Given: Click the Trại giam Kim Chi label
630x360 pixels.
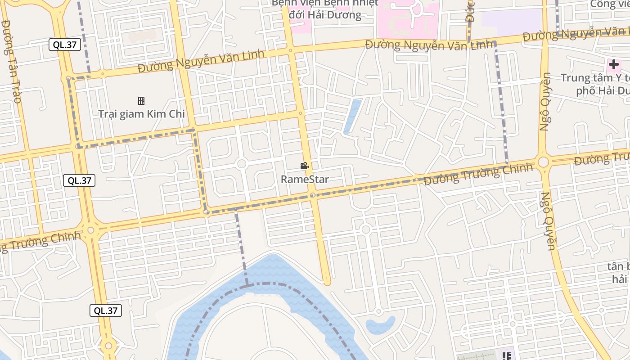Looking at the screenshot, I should pyautogui.click(x=141, y=114).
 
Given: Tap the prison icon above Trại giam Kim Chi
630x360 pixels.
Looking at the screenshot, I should pyautogui.click(x=141, y=101).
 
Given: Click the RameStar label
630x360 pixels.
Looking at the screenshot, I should pyautogui.click(x=305, y=179).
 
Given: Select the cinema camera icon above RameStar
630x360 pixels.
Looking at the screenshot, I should pyautogui.click(x=305, y=166).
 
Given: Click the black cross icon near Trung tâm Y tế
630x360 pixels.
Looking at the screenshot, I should pyautogui.click(x=613, y=65).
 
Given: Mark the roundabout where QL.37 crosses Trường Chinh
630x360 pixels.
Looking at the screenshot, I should pyautogui.click(x=91, y=230).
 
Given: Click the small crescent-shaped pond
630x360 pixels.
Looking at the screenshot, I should pyautogui.click(x=381, y=325).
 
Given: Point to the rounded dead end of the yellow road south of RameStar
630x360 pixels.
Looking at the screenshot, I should pyautogui.click(x=327, y=282).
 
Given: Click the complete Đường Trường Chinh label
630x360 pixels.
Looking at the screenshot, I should pyautogui.click(x=478, y=174).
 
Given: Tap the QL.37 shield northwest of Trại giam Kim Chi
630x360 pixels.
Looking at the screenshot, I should pyautogui.click(x=65, y=44).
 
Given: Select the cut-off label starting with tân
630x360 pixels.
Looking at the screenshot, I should pyautogui.click(x=619, y=272).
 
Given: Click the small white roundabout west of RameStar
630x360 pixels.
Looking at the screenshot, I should pyautogui.click(x=241, y=163).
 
